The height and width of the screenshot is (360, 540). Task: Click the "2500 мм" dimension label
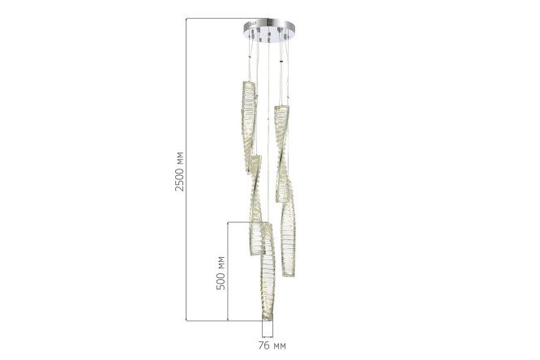coord(179,171)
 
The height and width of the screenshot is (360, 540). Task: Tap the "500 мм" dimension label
coord(221,273)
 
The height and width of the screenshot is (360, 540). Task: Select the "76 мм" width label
coord(272,345)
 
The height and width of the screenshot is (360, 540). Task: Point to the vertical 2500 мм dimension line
coord(186,169)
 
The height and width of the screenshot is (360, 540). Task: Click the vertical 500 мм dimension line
coord(228,272)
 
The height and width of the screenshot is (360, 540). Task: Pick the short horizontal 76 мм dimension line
coord(268,336)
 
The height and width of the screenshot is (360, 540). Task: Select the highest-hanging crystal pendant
coord(249,126)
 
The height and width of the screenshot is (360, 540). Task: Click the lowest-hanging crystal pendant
coord(268,272)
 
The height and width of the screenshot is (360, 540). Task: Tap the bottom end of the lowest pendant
coord(268,320)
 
